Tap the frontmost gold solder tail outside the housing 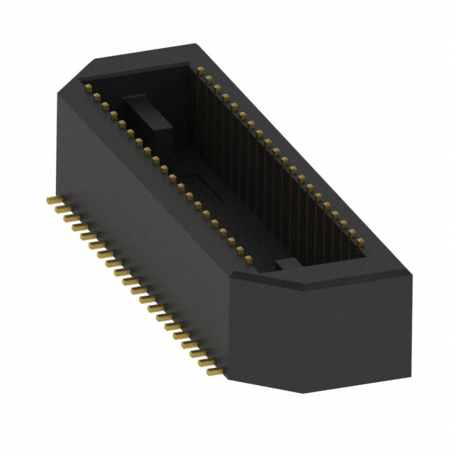(213, 372)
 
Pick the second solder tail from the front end (205, 363)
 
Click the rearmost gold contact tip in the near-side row (89, 88)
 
